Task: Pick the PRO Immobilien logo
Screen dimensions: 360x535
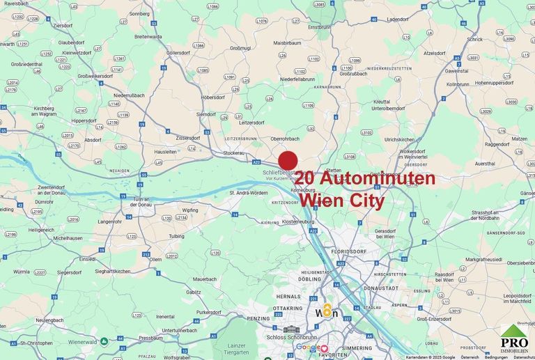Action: click(x=515, y=341)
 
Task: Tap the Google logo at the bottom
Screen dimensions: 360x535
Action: click(x=307, y=347)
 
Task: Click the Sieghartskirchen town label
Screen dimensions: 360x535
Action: click(x=114, y=270)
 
